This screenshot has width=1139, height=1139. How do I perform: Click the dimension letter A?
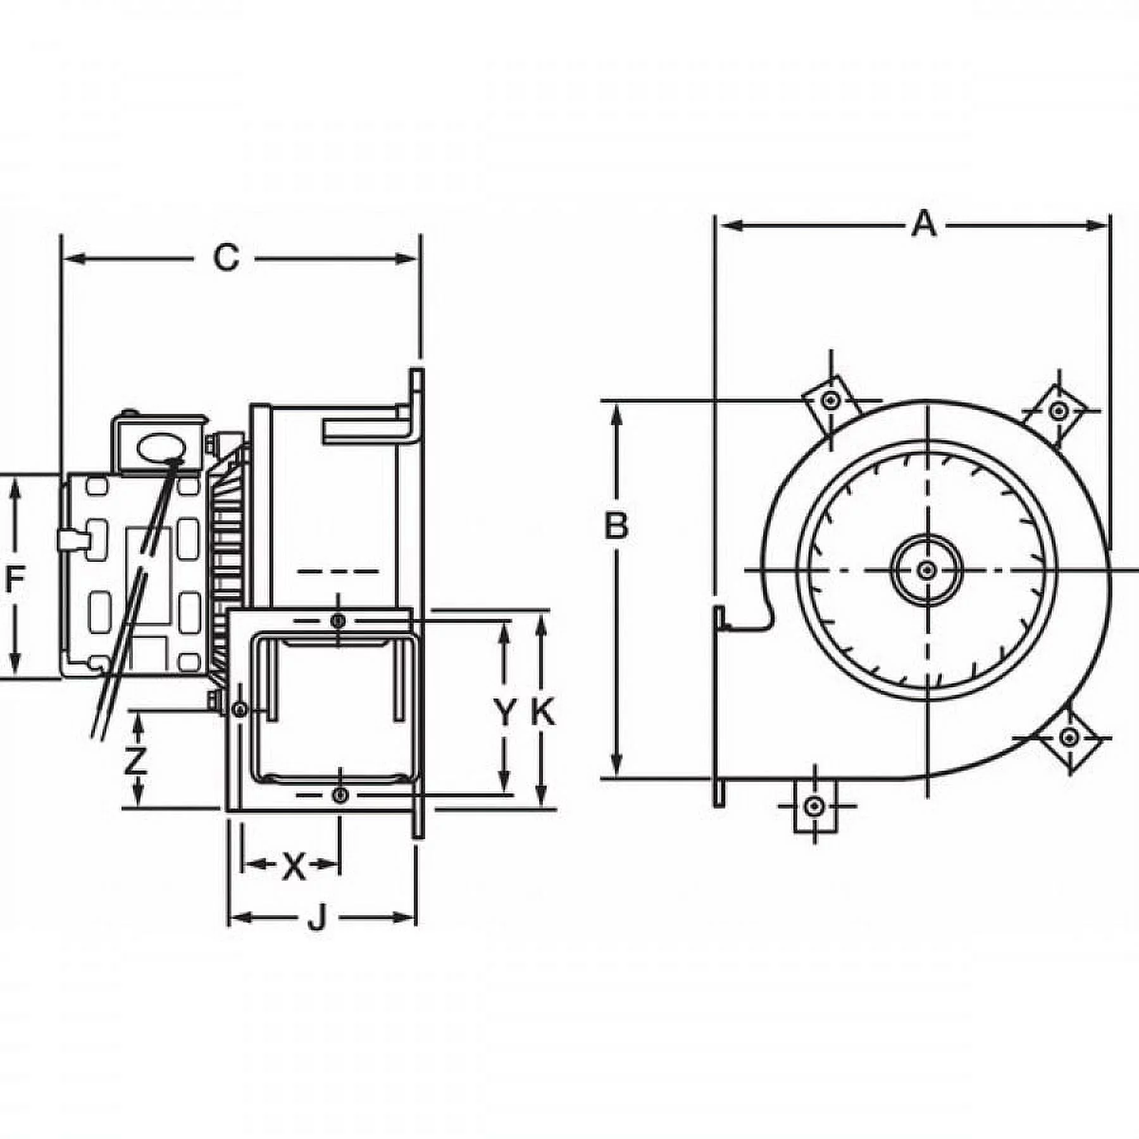click(924, 224)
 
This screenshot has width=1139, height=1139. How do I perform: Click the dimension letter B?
click(616, 526)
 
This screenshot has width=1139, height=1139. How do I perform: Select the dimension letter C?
click(226, 258)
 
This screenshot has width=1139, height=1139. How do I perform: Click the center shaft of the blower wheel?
click(927, 570)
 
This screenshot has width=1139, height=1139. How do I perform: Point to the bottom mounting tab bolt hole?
click(814, 806)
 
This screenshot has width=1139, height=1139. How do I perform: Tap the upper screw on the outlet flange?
click(340, 621)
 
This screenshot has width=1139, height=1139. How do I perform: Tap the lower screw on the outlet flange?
click(340, 795)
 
